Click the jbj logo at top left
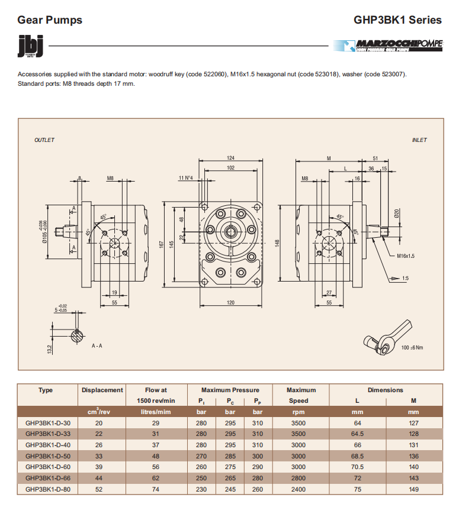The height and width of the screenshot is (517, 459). click(27, 47)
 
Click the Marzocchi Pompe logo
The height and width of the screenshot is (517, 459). click(387, 45)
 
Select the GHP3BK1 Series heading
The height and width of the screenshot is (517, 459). click(397, 20)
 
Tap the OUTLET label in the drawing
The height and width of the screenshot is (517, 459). click(44, 140)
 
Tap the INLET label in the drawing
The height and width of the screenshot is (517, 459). click(419, 140)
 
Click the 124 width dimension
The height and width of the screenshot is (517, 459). click(230, 157)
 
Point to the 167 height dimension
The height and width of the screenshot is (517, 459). click(162, 244)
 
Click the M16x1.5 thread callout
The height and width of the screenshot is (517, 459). click(406, 256)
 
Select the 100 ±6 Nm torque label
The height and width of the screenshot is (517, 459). click(412, 347)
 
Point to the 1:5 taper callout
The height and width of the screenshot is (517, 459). click(405, 277)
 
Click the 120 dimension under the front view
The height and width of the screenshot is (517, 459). click(230, 303)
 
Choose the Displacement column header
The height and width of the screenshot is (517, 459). click(102, 390)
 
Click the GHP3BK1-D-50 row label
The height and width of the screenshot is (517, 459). click(47, 456)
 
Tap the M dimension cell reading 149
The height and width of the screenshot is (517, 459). click(413, 489)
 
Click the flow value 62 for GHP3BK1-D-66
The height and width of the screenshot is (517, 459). click(155, 478)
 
